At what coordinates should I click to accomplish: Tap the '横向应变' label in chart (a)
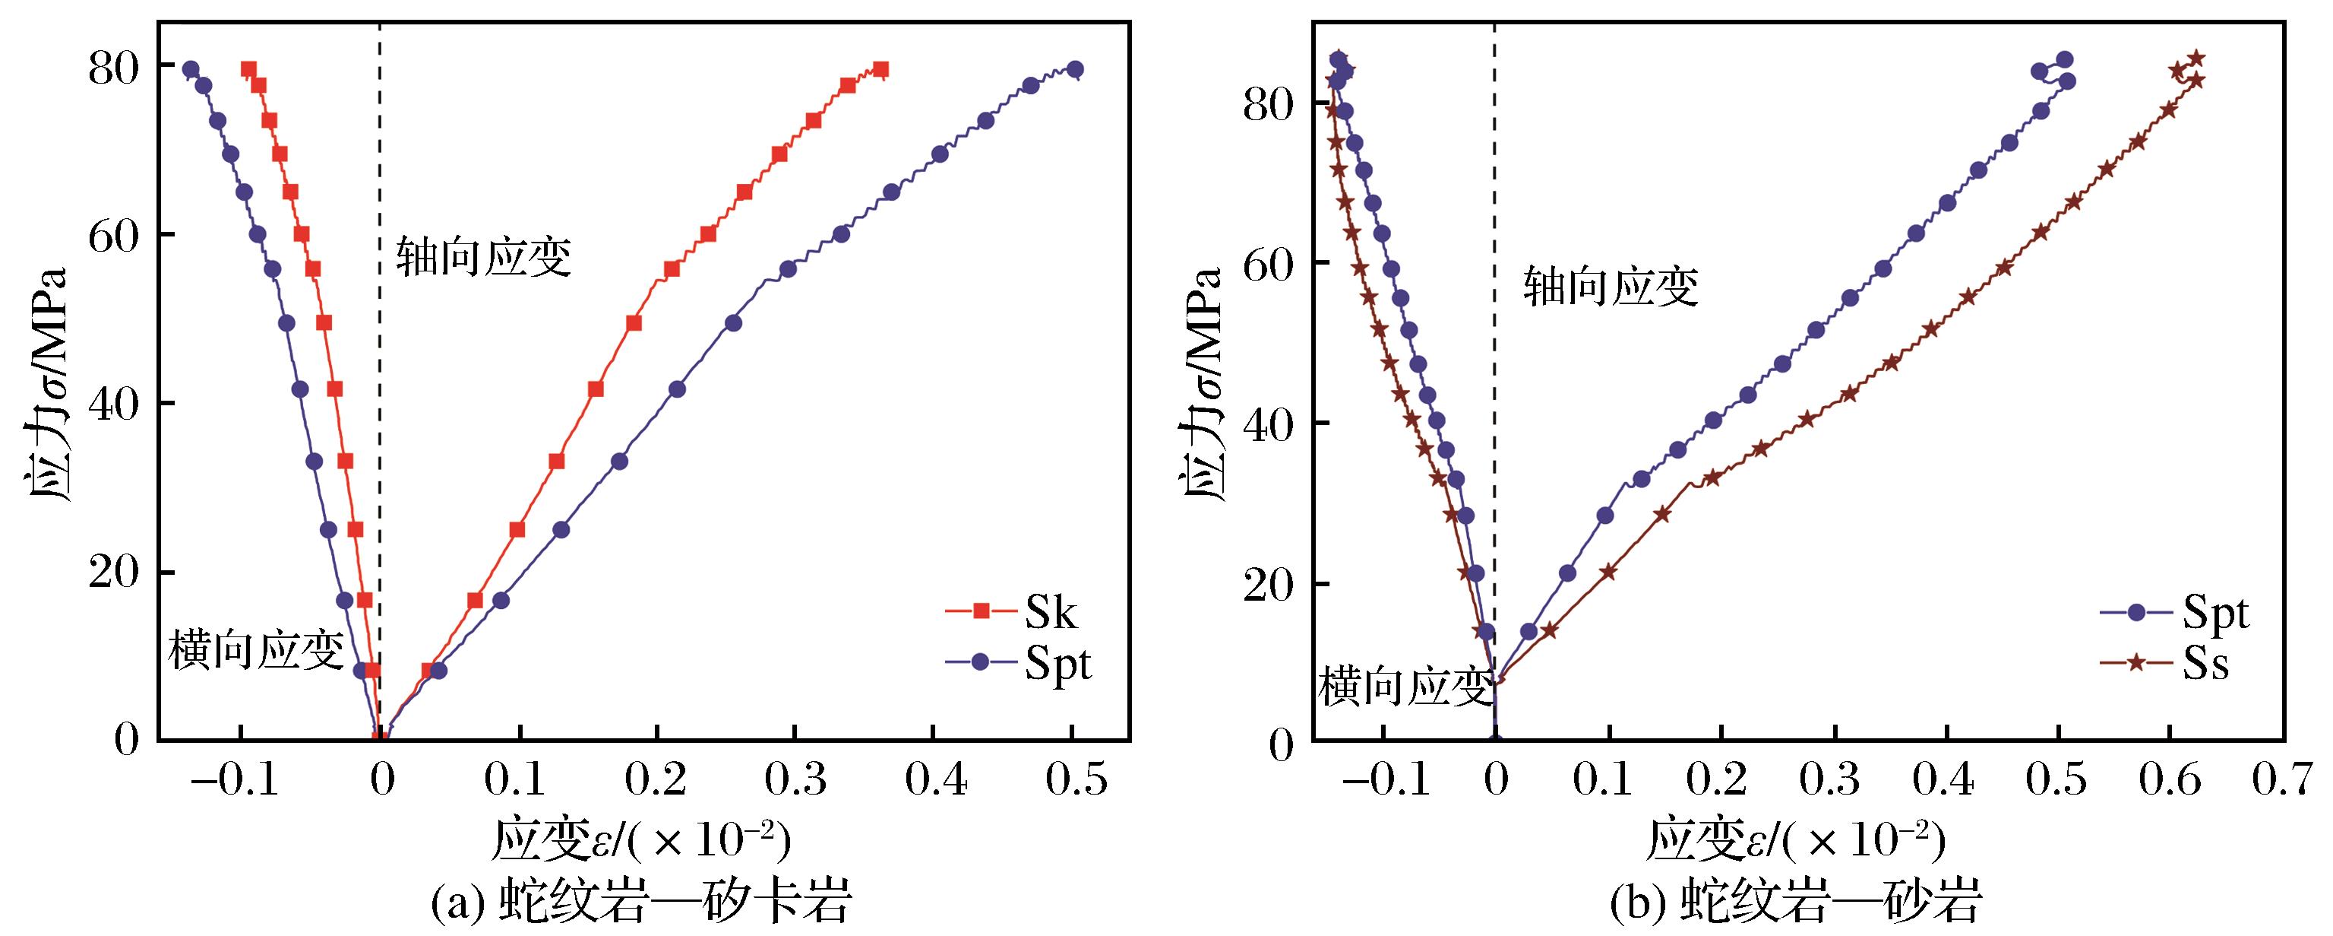coord(256,651)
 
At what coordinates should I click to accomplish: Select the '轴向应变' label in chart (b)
coord(1611,287)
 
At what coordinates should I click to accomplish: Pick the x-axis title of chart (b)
coord(1797,842)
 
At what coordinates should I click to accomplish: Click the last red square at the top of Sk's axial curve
coord(880,70)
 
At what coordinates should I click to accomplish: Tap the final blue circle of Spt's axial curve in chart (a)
coord(1075,70)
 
